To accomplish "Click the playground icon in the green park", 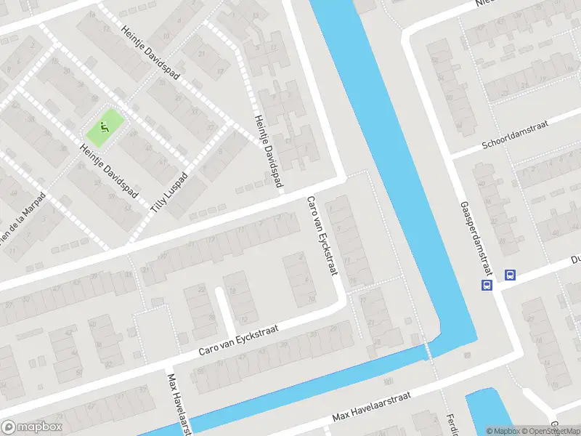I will (105, 126).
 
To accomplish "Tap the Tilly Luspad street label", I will (169, 193).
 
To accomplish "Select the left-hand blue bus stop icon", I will (487, 285).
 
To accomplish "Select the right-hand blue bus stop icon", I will (510, 275).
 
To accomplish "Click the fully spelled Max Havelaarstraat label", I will (372, 407).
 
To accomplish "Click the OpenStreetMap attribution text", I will (548, 431).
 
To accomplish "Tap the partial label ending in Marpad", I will (22, 218).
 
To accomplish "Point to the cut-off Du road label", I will (574, 259).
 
